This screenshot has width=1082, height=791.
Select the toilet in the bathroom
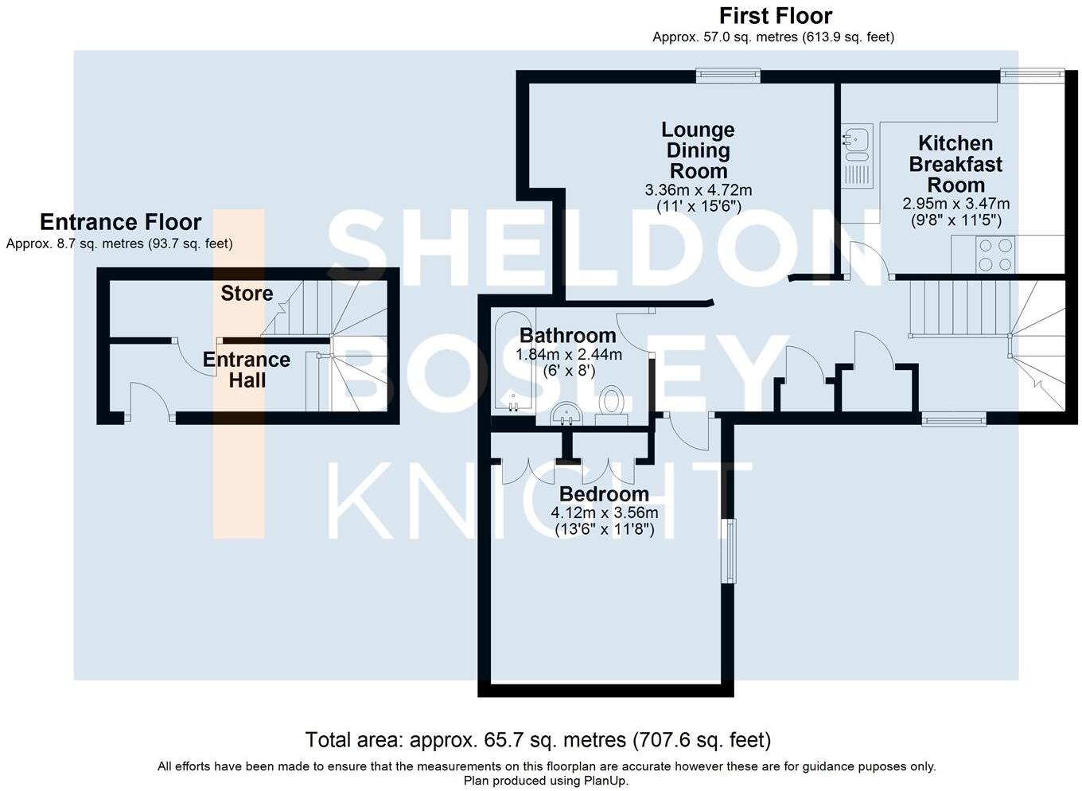611,402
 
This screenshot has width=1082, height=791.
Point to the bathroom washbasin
566,413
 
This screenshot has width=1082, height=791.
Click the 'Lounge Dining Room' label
698,150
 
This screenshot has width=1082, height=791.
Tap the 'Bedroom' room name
604,494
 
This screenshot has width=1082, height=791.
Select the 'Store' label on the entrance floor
247,294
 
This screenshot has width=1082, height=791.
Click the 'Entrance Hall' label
247,370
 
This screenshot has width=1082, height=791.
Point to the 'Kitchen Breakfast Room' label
956,164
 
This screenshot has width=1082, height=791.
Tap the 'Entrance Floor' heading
120,222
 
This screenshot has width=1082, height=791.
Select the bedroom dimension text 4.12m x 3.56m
604,513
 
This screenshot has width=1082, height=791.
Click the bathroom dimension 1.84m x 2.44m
569,355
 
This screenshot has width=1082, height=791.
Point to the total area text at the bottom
538,741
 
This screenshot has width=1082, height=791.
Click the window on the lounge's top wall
728,76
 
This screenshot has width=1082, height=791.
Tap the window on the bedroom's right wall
728,550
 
